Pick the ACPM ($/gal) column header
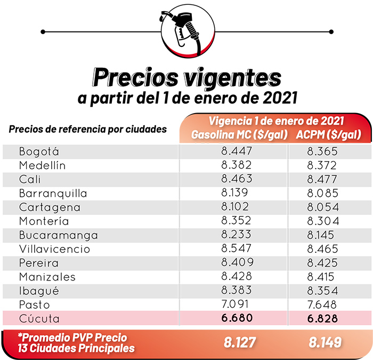pyautogui.click(x=327, y=135)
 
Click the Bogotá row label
pyautogui.click(x=39, y=151)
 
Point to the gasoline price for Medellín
pyautogui.click(x=237, y=165)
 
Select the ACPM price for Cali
pyautogui.click(x=322, y=179)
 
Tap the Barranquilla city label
pyautogui.click(x=53, y=193)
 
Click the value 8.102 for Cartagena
pyautogui.click(x=237, y=207)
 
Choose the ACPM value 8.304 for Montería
pyautogui.click(x=322, y=221)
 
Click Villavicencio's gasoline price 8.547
pyautogui.click(x=237, y=249)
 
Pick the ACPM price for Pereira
pyautogui.click(x=322, y=262)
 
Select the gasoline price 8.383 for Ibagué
pyautogui.click(x=237, y=291)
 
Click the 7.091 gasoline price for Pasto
pyautogui.click(x=237, y=305)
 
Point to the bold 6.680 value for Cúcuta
pyautogui.click(x=237, y=318)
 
